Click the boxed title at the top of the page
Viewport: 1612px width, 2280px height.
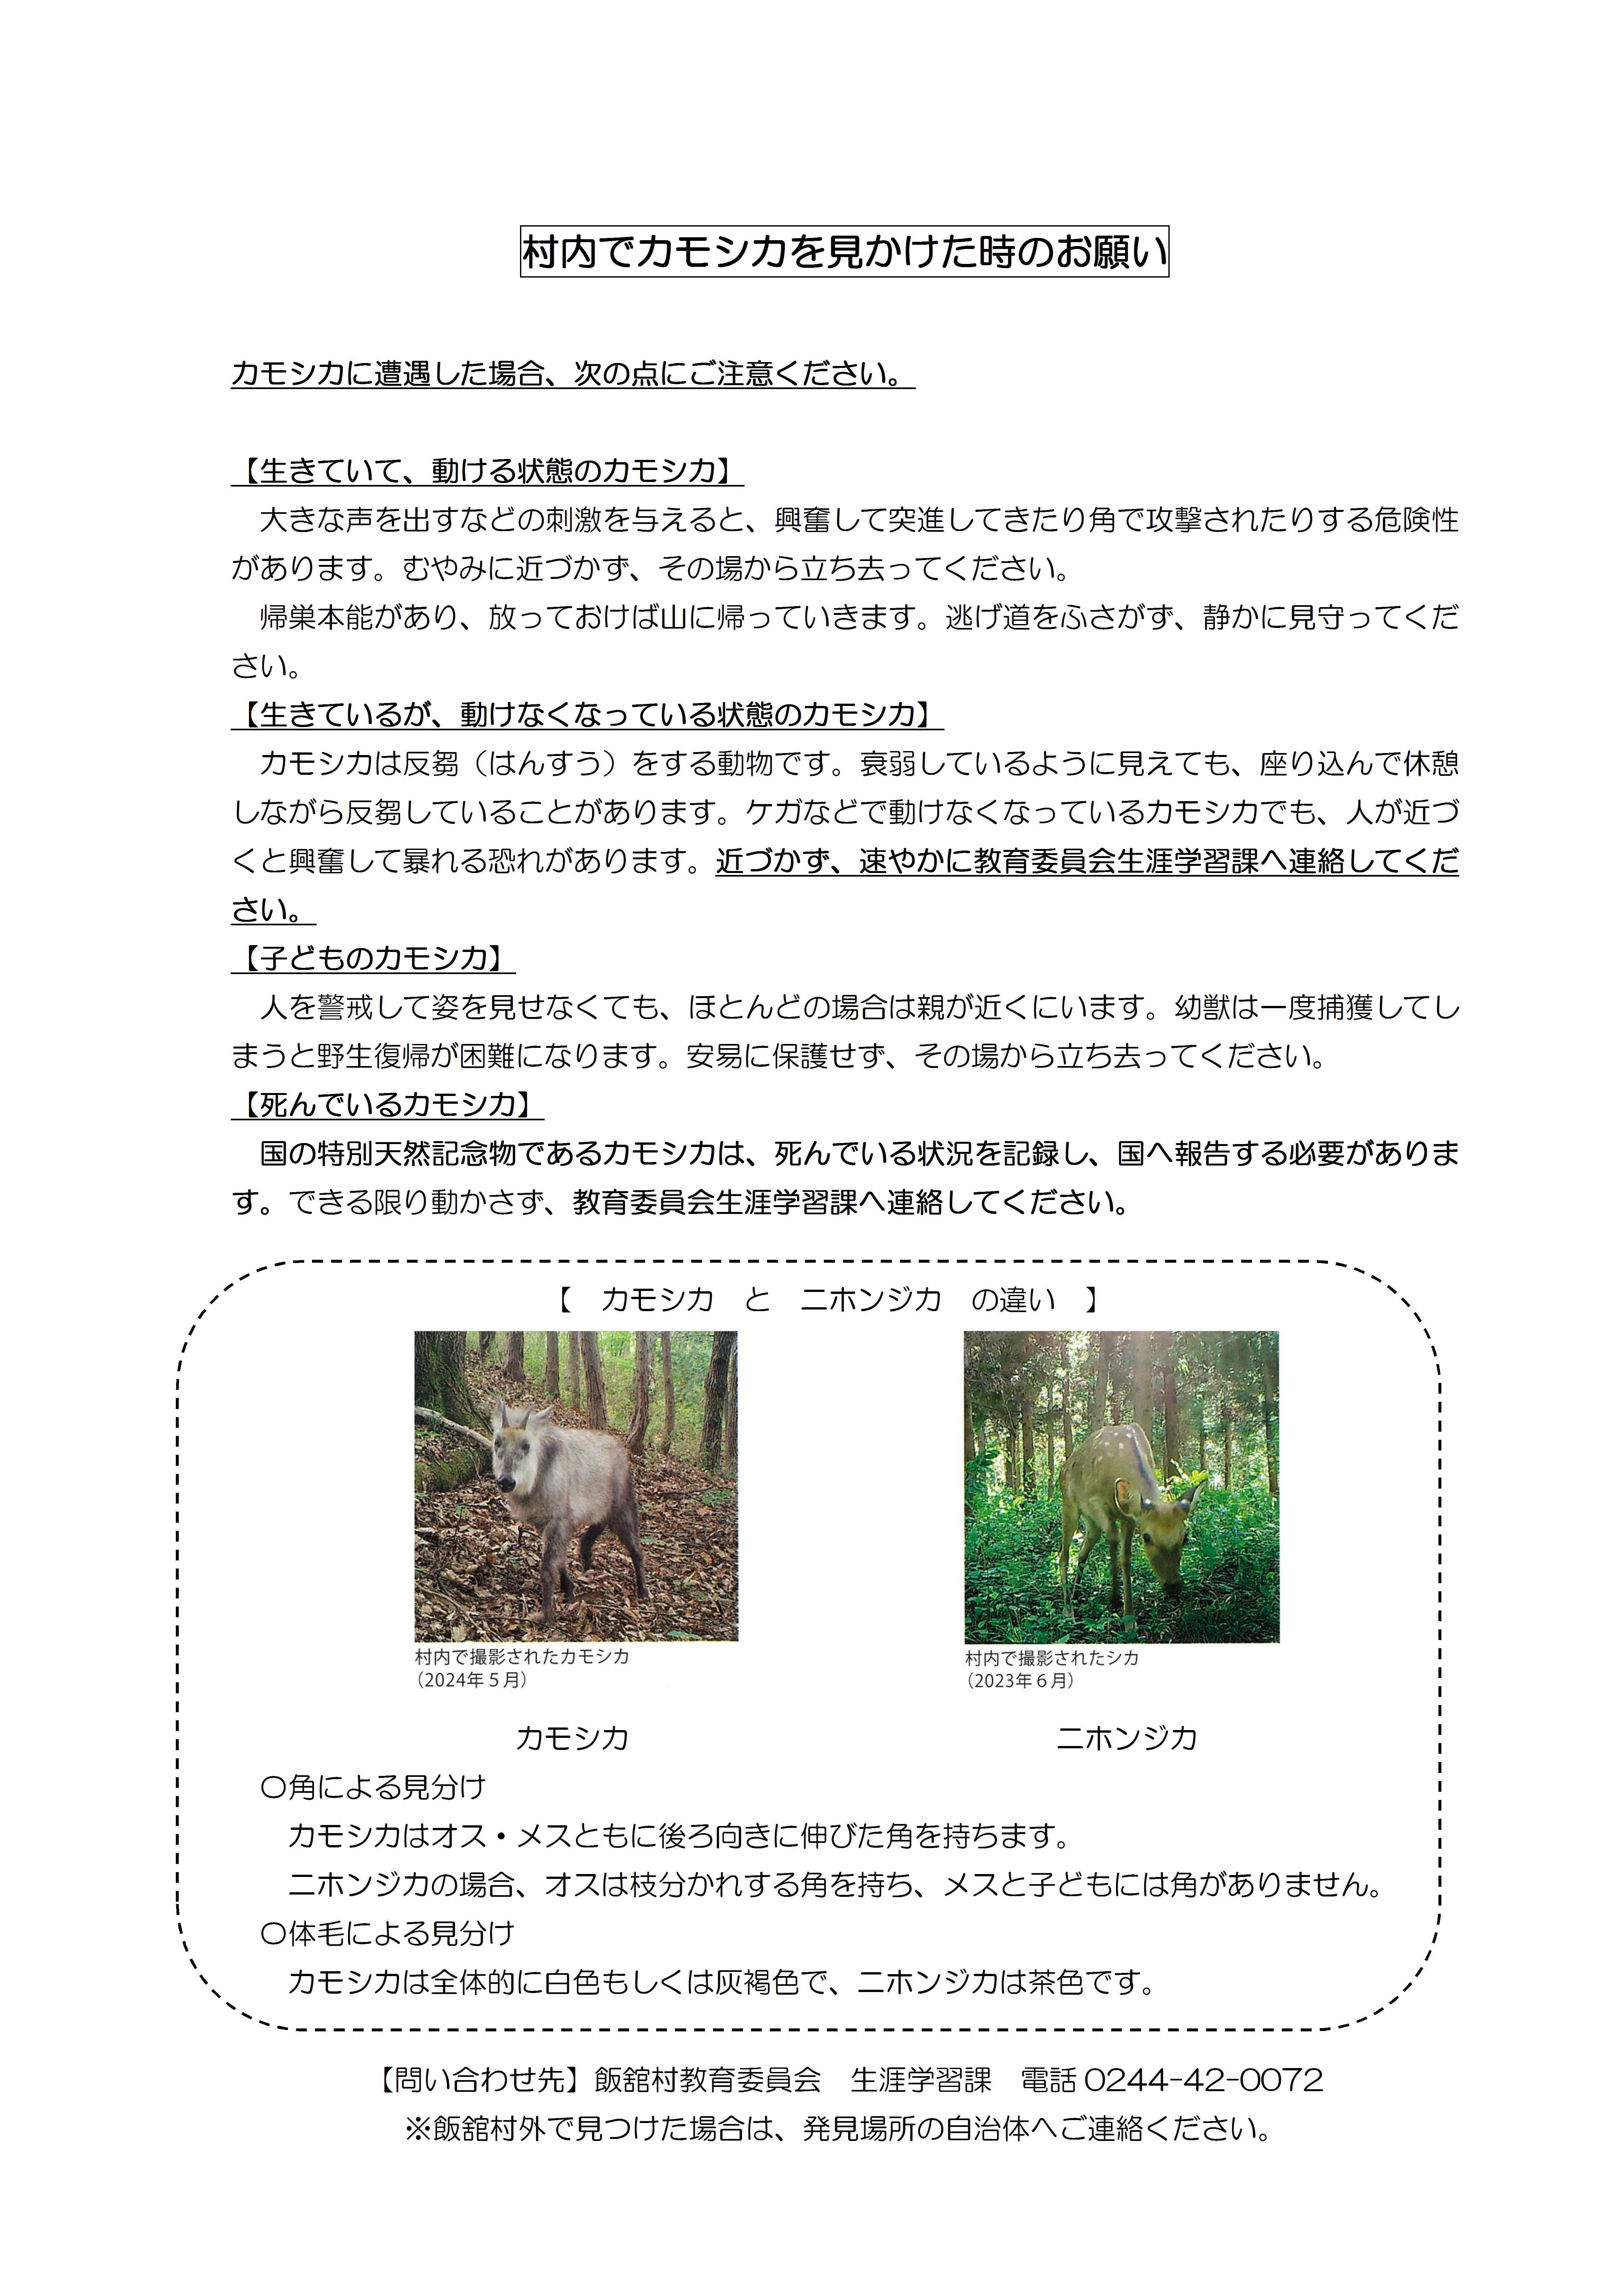click(x=844, y=252)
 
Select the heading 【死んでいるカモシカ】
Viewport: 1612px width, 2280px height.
click(x=387, y=1104)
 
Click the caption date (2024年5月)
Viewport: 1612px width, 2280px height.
click(x=472, y=1680)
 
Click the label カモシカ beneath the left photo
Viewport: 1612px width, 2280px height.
click(x=572, y=1738)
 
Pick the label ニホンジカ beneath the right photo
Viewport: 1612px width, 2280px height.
click(x=1126, y=1738)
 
